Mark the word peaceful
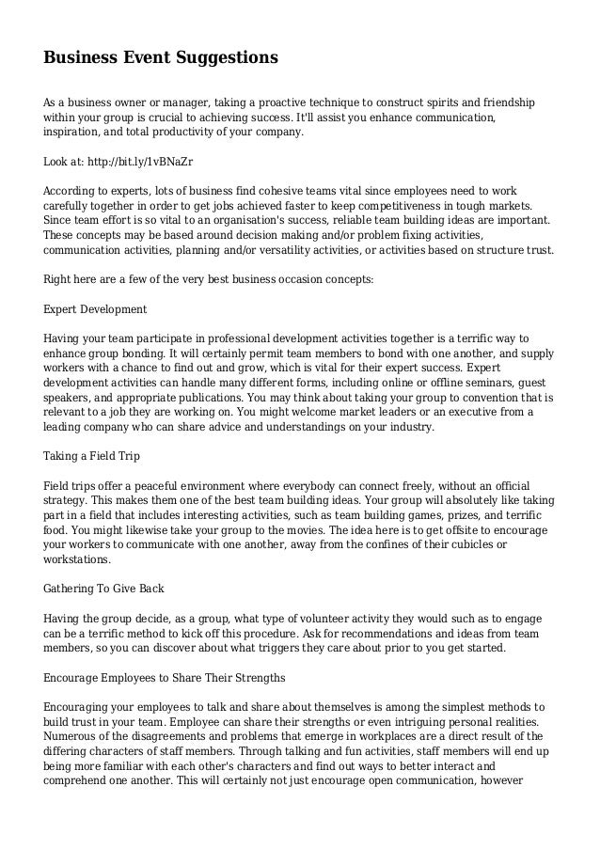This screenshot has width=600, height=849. coord(155,483)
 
